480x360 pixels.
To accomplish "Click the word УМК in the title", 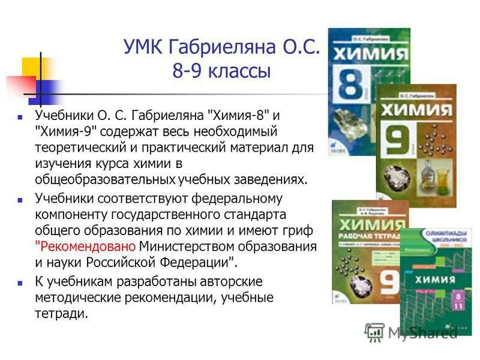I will pyautogui.click(x=143, y=47).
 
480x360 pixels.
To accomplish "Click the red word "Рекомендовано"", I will pyautogui.click(x=86, y=247).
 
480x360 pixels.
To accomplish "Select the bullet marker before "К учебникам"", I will pyautogui.click(x=20, y=282).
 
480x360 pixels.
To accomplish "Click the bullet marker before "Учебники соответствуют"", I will pyautogui.click(x=20, y=199).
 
